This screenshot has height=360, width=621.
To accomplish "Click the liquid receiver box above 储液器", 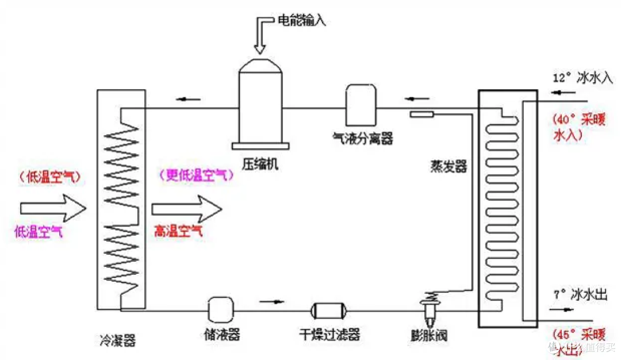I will pyautogui.click(x=220, y=310).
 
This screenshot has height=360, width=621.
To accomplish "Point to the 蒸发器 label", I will pyautogui.click(x=449, y=167).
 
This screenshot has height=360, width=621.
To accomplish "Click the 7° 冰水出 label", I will pyautogui.click(x=581, y=295).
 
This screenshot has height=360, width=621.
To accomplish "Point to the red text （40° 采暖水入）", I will pyautogui.click(x=578, y=127).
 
